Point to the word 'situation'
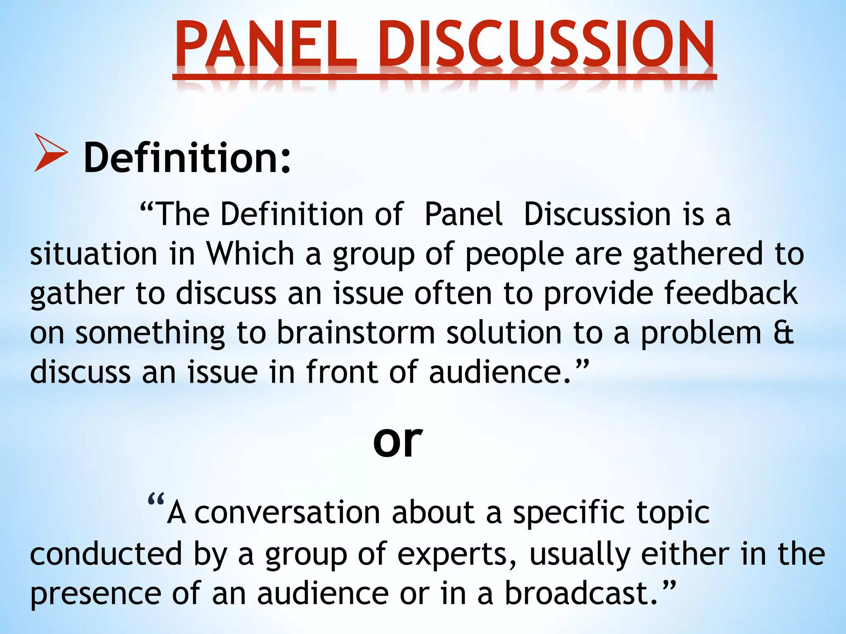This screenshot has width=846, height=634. click(x=94, y=254)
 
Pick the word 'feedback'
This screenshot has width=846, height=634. click(x=731, y=293)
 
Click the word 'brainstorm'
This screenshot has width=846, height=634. click(x=356, y=333)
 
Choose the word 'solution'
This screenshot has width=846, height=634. click(x=504, y=333)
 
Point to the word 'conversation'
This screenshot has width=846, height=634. click(x=287, y=513)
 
